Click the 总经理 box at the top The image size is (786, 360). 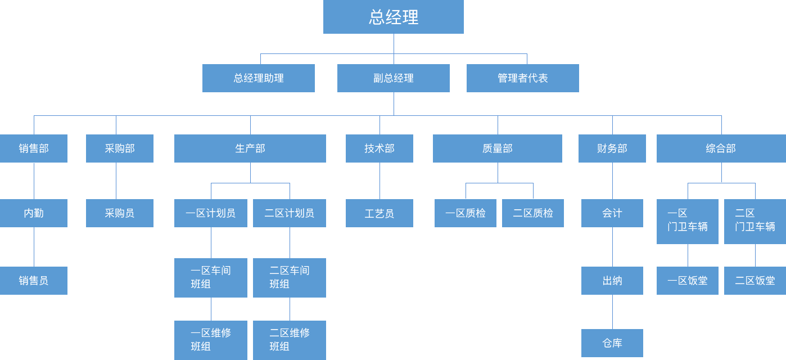tap(394, 17)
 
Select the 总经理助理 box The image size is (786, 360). tap(259, 78)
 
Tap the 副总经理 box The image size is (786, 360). tap(394, 78)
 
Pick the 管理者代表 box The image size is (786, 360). tap(523, 78)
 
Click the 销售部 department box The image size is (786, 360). tap(34, 148)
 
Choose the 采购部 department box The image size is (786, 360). tap(120, 148)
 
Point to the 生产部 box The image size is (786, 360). tap(250, 148)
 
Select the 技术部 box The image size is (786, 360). tap(380, 148)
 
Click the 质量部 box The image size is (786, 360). tap(498, 148)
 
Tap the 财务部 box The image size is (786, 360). tap(612, 148)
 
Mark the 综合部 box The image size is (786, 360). tap(721, 148)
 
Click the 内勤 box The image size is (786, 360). tap(34, 213)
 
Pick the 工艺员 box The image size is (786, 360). tap(380, 213)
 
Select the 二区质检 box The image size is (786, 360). tap(533, 213)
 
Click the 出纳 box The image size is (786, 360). tap(612, 281)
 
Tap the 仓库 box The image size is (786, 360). tap(612, 343)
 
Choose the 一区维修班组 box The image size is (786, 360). tap(211, 340)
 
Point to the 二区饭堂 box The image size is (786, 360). tap(755, 281)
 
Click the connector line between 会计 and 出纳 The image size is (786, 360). tap(613, 247)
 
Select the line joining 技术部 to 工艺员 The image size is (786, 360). tap(380, 181)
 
